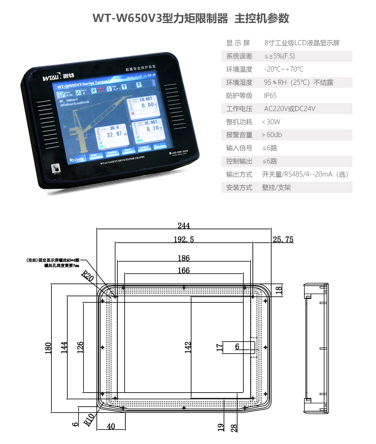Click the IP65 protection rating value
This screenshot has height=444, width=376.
pos(270,96)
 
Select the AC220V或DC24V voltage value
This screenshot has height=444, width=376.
pos(290,109)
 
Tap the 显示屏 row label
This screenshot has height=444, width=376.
pos(238,43)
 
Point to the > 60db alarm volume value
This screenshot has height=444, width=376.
pos(272,135)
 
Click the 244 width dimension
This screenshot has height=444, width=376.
pos(184,226)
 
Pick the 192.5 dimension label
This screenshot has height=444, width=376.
pos(184,240)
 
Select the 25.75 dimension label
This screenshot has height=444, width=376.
pos(283,240)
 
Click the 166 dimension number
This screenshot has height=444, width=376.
pos(184,270)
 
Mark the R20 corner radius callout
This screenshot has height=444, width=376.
pos(87,276)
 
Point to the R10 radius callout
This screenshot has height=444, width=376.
pos(89,420)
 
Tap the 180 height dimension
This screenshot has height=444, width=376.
pos(48,348)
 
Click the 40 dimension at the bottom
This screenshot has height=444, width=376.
pos(111,426)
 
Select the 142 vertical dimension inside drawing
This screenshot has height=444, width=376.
pos(188,347)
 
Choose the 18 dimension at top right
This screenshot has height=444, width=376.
pos(279,290)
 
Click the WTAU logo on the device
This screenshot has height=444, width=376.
pos(58,77)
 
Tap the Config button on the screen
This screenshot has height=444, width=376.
pos(77,159)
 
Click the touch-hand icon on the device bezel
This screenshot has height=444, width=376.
pos(56,168)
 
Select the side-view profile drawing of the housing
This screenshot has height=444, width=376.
pos(316,348)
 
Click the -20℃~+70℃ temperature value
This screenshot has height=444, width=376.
pos(284,69)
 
